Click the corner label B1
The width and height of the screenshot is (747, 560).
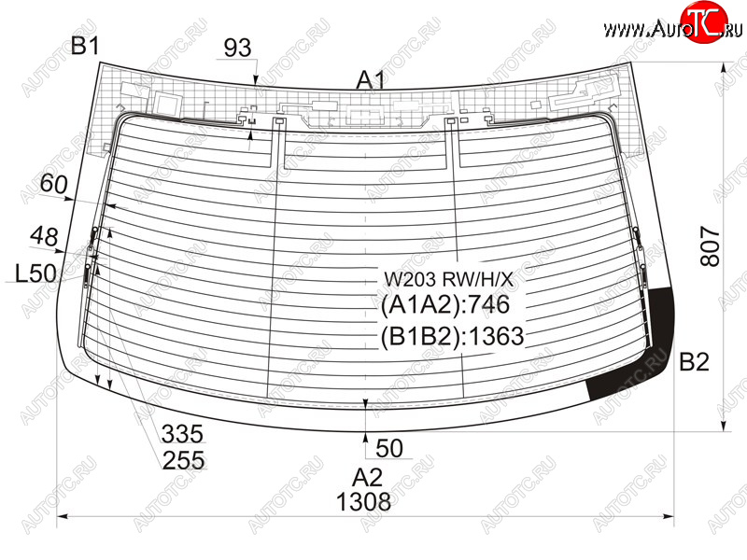[x=85, y=46]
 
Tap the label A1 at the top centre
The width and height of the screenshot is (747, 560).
[x=371, y=80]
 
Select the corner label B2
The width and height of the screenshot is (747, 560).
[x=694, y=362]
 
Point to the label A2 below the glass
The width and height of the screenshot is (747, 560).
[x=367, y=477]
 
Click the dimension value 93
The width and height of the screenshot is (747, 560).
[x=237, y=48]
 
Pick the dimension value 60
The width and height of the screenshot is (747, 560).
[x=54, y=183]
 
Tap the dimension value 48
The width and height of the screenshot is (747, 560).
[x=44, y=236]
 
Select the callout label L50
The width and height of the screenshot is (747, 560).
[x=35, y=273]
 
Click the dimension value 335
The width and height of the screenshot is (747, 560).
[x=182, y=434]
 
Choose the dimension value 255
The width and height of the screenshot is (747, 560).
[x=183, y=460]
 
